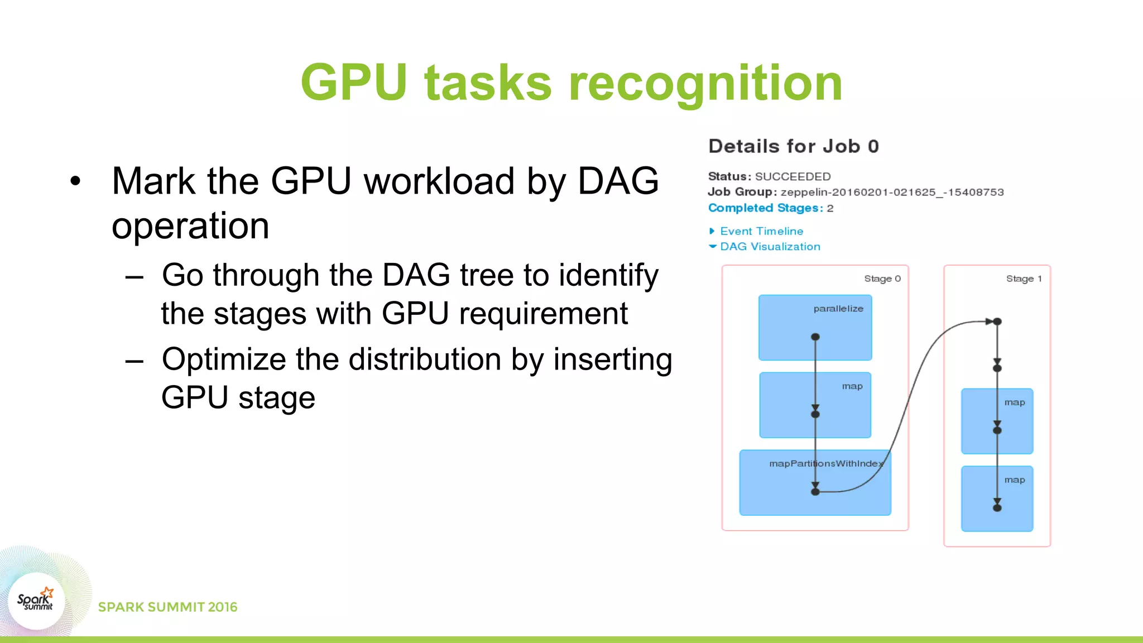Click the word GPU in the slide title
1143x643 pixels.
tap(354, 83)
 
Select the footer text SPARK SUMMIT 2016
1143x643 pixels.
tap(167, 607)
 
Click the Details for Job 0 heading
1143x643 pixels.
tap(793, 146)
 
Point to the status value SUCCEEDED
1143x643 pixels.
tap(793, 176)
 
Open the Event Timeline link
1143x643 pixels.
tap(761, 231)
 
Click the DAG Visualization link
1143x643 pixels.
tap(770, 247)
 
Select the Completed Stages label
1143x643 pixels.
tap(765, 208)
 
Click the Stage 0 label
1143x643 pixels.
tap(882, 279)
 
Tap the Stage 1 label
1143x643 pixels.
tap(1024, 279)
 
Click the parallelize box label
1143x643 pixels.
tap(838, 309)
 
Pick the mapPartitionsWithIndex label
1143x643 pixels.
tap(825, 463)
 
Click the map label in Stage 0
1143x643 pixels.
tap(852, 386)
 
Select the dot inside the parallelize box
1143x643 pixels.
tap(815, 337)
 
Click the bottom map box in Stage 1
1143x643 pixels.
tap(997, 498)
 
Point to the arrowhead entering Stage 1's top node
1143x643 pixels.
tap(989, 321)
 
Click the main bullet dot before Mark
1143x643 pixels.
tap(75, 181)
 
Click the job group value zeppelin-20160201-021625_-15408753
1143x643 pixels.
tap(892, 192)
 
